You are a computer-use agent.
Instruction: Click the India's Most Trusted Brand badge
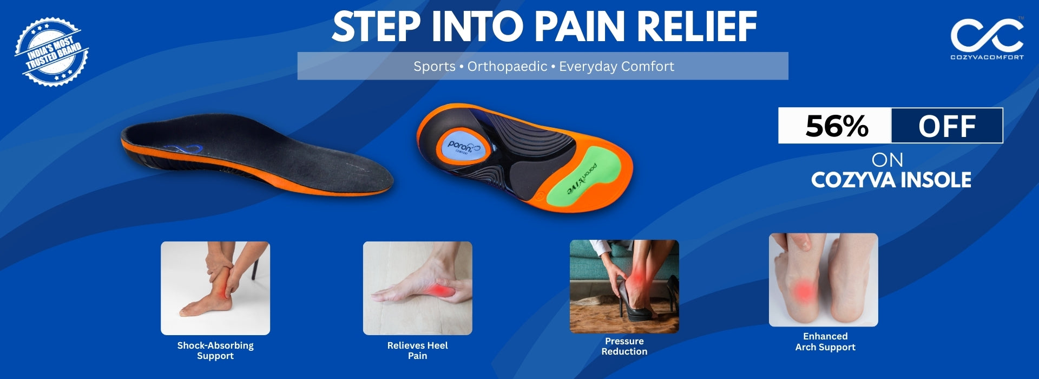click(51, 52)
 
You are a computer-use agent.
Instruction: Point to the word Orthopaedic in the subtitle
click(507, 66)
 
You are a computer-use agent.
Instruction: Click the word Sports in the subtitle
click(435, 67)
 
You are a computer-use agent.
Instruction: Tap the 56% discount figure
click(837, 126)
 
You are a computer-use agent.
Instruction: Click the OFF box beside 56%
click(947, 126)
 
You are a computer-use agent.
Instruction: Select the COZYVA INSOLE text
click(891, 180)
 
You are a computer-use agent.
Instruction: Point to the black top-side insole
click(257, 154)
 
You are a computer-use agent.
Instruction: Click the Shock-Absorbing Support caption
click(215, 350)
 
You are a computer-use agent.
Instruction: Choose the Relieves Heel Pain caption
click(417, 350)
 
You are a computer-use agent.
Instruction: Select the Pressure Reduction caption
click(624, 346)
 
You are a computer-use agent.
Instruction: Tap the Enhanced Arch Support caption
click(825, 342)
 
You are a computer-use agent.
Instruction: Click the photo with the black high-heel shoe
click(624, 286)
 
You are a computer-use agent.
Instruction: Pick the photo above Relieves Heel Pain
click(417, 288)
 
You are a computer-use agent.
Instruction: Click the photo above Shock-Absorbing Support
click(215, 288)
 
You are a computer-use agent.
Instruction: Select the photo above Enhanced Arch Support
click(823, 280)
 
